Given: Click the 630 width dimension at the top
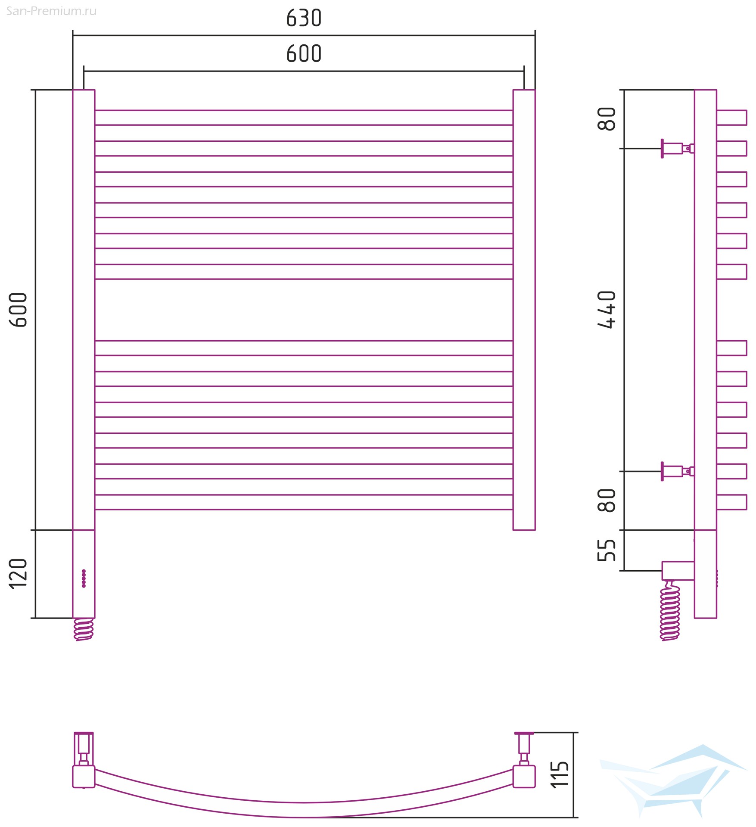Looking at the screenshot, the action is (x=304, y=18).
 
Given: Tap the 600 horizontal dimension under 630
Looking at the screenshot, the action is (x=304, y=54).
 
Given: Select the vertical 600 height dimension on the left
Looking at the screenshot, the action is (x=18, y=310).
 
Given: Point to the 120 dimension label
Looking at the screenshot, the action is (x=18, y=573).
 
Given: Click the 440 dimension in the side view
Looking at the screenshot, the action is (x=607, y=310).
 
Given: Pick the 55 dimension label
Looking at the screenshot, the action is (x=607, y=550).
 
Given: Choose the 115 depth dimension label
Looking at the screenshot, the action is (x=560, y=774).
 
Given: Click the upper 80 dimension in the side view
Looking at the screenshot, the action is (x=607, y=119).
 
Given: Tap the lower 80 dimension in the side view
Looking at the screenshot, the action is (x=607, y=501).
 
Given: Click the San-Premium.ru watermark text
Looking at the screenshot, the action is (x=51, y=11).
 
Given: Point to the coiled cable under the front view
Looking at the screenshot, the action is (x=84, y=630).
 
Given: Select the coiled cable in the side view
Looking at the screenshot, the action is (x=670, y=610).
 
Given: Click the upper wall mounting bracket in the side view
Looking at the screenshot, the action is (x=677, y=149).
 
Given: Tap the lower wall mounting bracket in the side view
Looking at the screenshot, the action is (x=677, y=471).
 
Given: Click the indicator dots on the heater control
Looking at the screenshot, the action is (x=84, y=578).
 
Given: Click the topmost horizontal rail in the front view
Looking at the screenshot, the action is (x=304, y=118).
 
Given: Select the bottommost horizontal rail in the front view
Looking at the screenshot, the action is (x=304, y=502).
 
